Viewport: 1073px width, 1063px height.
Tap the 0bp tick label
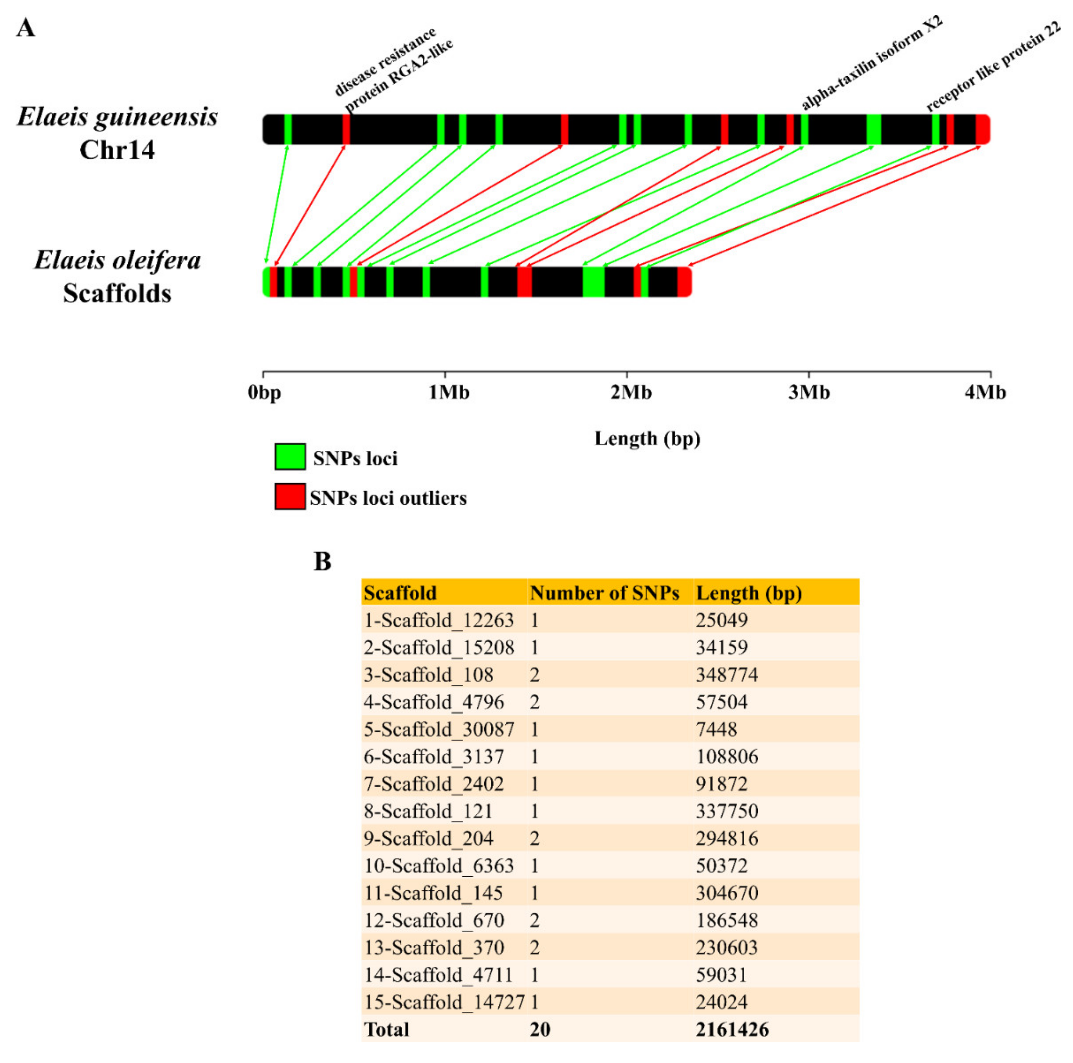point(264,393)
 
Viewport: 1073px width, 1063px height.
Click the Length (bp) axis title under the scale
point(647,439)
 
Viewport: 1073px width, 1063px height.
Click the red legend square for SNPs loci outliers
point(290,496)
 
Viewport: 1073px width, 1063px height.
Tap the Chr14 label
point(117,150)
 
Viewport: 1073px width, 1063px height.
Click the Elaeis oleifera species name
point(117,260)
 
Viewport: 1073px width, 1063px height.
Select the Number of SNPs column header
point(604,593)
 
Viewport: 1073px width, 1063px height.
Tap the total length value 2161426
point(732,1030)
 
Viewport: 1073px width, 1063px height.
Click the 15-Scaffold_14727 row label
point(444,1002)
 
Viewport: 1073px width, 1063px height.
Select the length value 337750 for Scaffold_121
point(726,811)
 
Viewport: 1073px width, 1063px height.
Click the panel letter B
point(322,562)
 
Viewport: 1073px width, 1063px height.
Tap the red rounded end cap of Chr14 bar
point(983,129)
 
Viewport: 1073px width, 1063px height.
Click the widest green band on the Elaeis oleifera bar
point(593,282)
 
